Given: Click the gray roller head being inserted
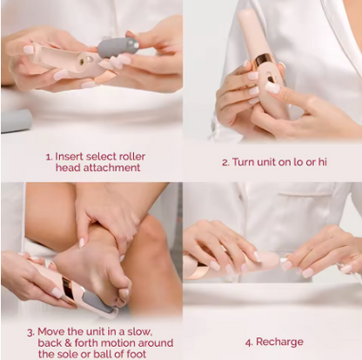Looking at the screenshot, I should click(117, 46).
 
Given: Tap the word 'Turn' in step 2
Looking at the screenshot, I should click(248, 162).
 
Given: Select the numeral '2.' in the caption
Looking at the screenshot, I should click(226, 162).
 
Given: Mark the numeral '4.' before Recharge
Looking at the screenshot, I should click(249, 342).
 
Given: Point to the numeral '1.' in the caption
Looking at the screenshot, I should click(49, 157).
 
